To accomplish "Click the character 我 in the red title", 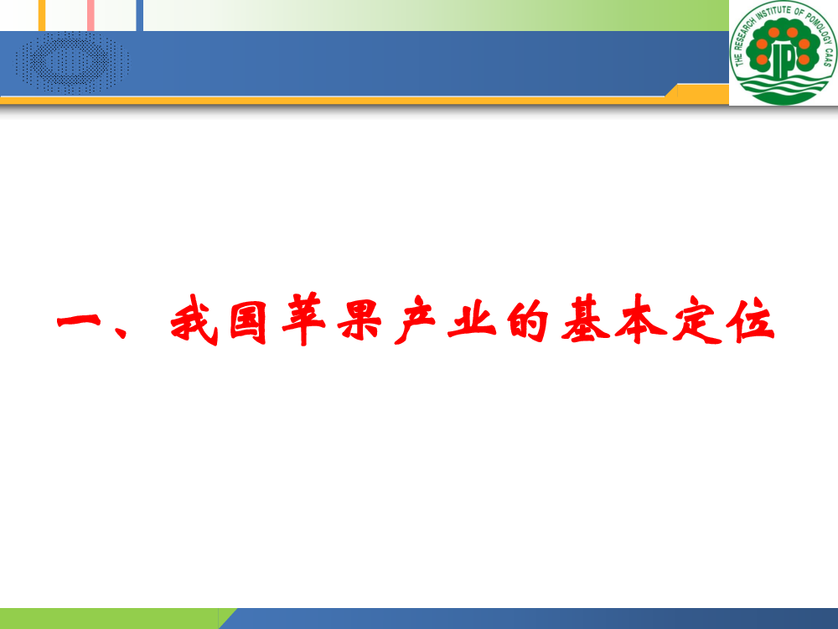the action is tap(194, 320).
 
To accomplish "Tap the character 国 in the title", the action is tap(249, 321).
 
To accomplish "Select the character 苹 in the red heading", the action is tap(303, 319).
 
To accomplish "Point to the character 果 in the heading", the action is tap(360, 320).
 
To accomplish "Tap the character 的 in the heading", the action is tap(527, 320).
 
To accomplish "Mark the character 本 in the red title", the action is tap(640, 319).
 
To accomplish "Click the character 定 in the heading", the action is tap(696, 320).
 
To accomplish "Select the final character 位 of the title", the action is tap(750, 320).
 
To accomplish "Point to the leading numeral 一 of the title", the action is tap(79, 321).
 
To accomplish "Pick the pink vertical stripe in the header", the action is tap(91, 15).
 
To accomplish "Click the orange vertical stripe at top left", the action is tap(42, 15).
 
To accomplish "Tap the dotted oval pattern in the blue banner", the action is tap(73, 63).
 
